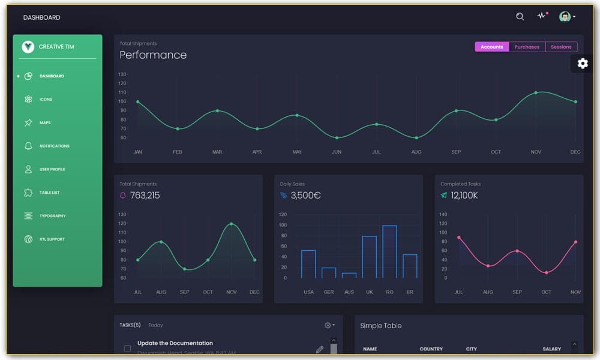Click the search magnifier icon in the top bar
520,17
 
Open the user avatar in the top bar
565,17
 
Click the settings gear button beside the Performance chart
583,64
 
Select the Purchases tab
527,47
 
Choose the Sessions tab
561,47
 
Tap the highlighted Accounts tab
492,47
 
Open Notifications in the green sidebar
54,146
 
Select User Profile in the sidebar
52,169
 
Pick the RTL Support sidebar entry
52,239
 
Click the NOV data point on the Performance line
536,93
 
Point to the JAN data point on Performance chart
138,101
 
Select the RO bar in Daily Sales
389,252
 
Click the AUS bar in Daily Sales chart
349,275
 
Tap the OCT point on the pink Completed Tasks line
546,273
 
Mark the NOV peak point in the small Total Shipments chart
232,224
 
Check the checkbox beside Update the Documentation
127,348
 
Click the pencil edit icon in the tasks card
319,349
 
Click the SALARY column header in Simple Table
551,349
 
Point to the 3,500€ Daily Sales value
305,196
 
